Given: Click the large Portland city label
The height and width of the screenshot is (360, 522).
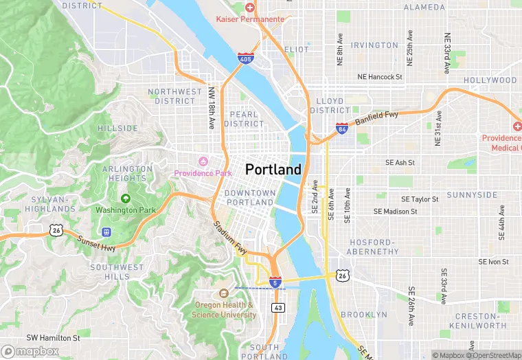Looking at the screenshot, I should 273,169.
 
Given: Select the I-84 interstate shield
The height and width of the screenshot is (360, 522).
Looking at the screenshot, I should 341,128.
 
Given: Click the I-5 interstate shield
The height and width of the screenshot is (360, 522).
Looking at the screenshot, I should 275,282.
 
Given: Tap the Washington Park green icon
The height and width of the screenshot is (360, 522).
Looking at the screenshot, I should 126,199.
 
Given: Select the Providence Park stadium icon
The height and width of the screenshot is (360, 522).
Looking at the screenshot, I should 203,161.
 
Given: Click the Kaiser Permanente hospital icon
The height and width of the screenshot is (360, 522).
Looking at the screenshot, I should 250,8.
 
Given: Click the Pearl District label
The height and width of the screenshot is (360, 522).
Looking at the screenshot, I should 243,119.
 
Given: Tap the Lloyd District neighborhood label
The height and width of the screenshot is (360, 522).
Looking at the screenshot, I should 330,105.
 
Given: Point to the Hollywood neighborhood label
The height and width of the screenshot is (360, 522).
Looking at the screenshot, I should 490,80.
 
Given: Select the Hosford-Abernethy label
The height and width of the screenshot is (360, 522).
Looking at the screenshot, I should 374,247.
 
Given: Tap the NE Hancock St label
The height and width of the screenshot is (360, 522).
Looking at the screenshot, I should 379,77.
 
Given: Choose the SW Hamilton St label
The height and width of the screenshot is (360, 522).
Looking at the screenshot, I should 53,337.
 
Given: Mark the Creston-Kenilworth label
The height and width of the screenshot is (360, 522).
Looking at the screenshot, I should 480,320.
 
